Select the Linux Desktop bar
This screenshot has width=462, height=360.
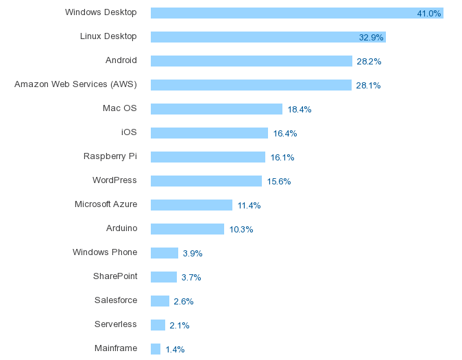pos(267,37)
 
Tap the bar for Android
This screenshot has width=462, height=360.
pos(251,61)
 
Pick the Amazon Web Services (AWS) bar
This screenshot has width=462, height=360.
pos(251,85)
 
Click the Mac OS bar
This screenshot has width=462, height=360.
pos(216,109)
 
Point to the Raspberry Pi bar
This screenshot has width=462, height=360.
pos(208,157)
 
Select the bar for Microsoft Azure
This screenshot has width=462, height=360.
pos(191,205)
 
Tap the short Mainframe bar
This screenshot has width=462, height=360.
pos(156,349)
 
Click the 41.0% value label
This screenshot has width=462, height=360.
pos(429,14)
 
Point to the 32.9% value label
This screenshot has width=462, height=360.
pos(371,38)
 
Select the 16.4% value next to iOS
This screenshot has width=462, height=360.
pos(284,134)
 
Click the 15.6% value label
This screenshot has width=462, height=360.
pos(279,182)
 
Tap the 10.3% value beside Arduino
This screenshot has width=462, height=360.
pos(241,230)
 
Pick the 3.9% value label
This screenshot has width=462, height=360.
pos(192,254)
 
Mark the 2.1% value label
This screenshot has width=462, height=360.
pos(180,326)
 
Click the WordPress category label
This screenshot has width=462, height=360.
pos(114,180)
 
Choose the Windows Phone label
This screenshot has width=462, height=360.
pos(105,252)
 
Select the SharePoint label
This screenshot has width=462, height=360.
pos(115,276)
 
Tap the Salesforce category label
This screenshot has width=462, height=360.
pos(116,300)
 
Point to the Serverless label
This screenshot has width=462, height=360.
pos(116,324)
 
